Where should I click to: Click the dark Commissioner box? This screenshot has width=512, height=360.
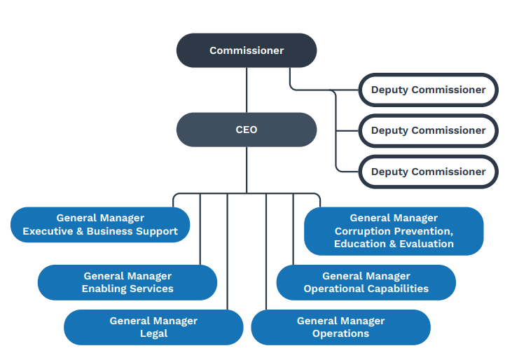[x=247, y=50]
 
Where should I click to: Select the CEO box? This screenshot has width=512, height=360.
[x=247, y=130]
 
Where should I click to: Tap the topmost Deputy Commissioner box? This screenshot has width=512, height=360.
[x=428, y=90]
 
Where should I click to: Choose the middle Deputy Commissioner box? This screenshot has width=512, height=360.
[x=428, y=130]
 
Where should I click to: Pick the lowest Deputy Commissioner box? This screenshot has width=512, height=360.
[x=428, y=172]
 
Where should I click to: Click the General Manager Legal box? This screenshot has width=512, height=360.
[x=153, y=327]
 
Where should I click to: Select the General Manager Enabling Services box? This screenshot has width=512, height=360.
[x=127, y=282]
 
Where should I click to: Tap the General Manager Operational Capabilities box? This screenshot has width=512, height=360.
[x=366, y=282]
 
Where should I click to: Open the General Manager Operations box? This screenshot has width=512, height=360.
[x=340, y=327]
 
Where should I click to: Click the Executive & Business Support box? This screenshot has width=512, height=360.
[x=100, y=225]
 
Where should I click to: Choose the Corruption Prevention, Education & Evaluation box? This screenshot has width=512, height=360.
[x=394, y=231]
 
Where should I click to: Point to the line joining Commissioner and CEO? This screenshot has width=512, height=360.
[x=247, y=90]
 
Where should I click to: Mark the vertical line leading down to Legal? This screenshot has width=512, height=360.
[x=228, y=252]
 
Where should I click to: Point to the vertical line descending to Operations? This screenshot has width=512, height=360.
[x=266, y=252]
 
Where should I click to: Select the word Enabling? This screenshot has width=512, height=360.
[x=102, y=289]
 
